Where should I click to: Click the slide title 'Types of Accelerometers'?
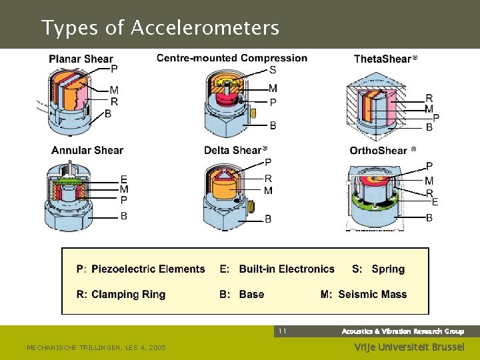click(160, 28)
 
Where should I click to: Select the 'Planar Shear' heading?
click(81, 59)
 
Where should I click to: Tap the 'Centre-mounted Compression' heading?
click(232, 58)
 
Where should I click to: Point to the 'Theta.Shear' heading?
click(383, 59)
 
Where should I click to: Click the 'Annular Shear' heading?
click(87, 150)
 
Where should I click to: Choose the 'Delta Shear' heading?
click(233, 150)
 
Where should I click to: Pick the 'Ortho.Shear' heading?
click(379, 150)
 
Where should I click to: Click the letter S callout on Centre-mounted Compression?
click(273, 71)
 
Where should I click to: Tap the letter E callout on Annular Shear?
click(124, 179)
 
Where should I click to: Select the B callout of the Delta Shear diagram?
click(268, 219)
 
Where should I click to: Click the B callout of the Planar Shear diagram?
click(108, 114)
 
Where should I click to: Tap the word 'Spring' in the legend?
click(388, 269)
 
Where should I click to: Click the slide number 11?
click(282, 331)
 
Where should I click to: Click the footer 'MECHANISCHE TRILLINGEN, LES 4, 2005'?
click(96, 347)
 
